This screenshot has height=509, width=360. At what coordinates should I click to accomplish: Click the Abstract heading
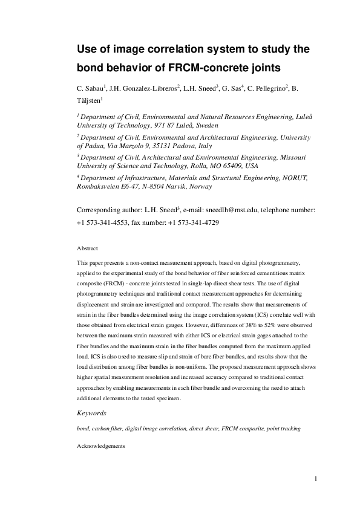[x=88, y=248]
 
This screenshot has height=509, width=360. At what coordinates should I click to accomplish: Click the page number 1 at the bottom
[x=316, y=479]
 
